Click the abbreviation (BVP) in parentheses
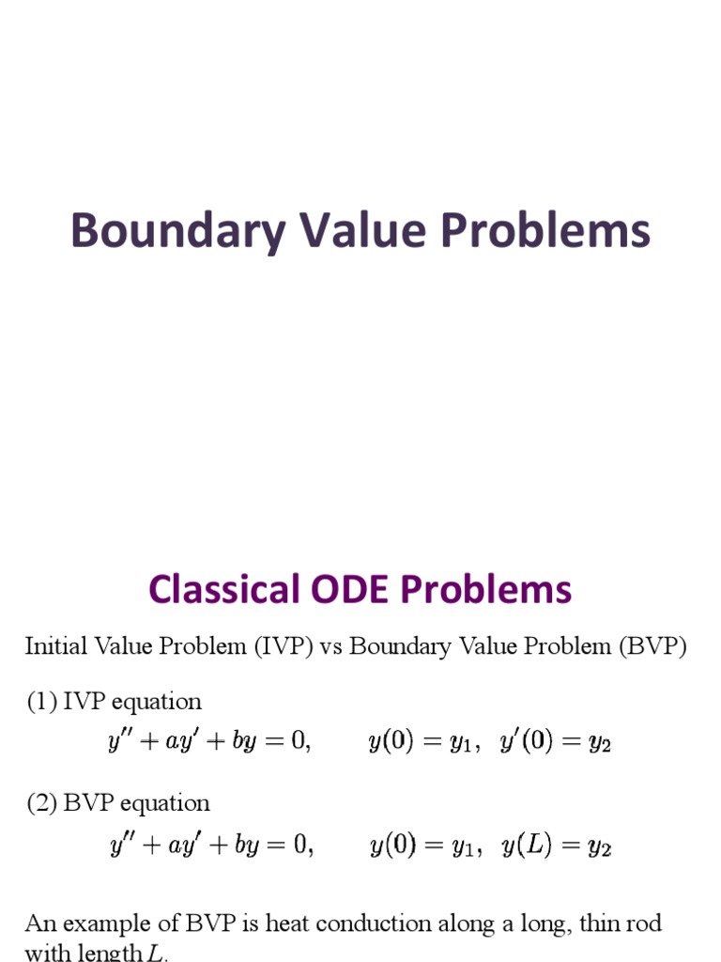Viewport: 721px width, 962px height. (652, 647)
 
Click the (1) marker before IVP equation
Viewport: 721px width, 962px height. (41, 701)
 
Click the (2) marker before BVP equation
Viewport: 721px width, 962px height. (41, 803)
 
